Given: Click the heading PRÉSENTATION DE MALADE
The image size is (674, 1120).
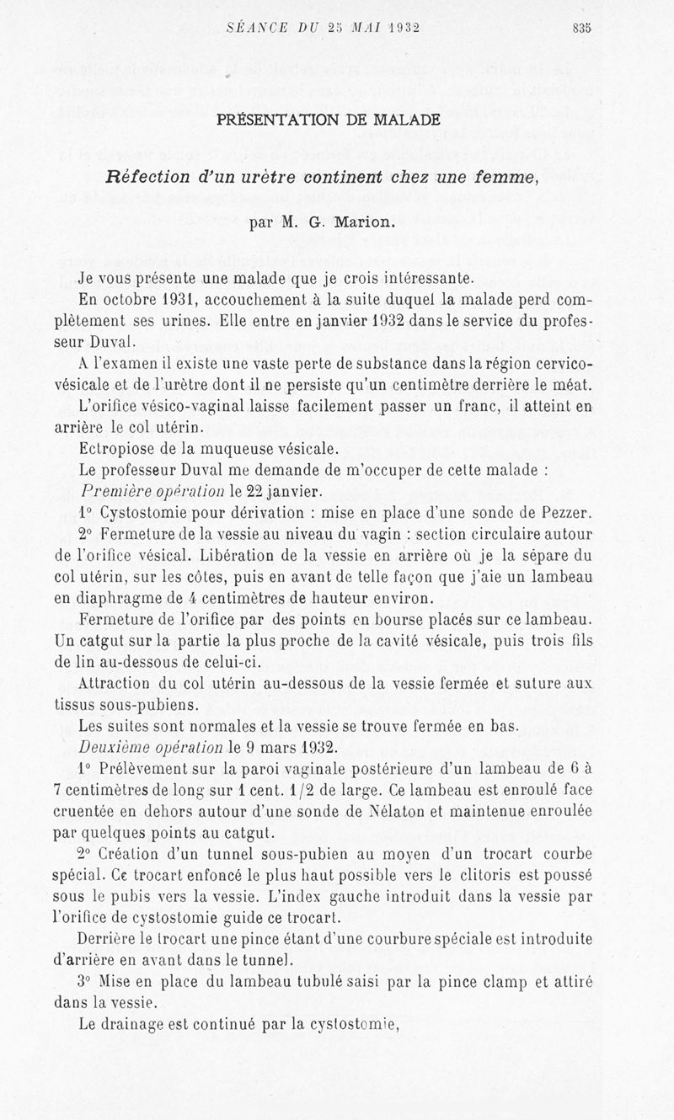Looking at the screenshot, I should pos(328,120).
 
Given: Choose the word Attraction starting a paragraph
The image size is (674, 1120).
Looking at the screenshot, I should pos(120,683).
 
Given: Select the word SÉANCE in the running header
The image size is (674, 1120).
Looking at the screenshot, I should pos(258,27).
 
